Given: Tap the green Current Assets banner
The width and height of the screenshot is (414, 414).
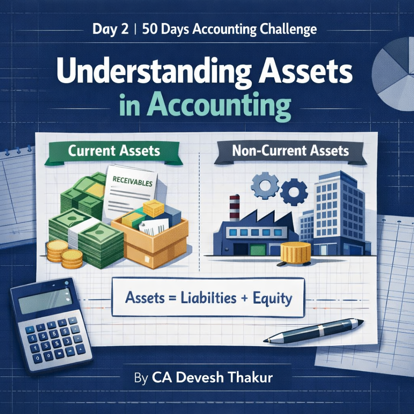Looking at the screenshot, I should coord(114,152).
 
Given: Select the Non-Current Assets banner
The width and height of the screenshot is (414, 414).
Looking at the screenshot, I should coord(290,152).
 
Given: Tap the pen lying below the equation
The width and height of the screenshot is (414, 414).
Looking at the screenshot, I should coord(313,330).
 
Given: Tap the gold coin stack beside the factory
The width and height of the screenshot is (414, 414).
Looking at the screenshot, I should coord(296,252).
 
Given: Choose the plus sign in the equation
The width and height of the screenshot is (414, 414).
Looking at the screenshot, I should coord(244,299).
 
